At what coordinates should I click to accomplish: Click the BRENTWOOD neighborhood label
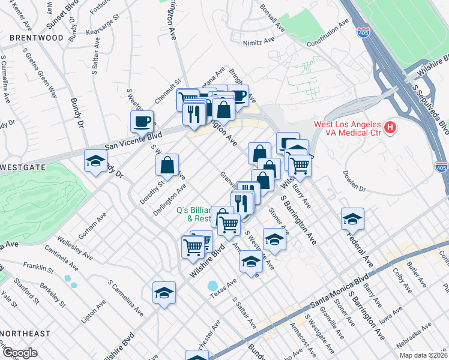pyautogui.click(x=36, y=37)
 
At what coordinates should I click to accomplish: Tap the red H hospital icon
pyautogui.click(x=391, y=127)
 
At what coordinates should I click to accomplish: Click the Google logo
pyautogui.click(x=19, y=353)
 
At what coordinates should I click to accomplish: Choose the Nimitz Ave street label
pyautogui.click(x=259, y=43)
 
